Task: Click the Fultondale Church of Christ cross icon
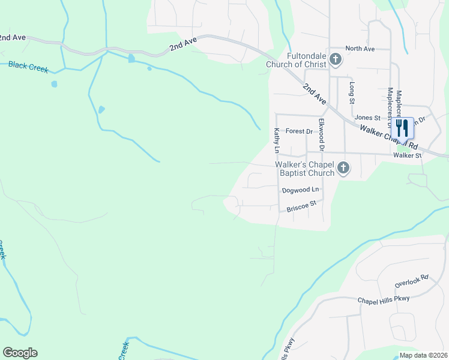pos(336,59)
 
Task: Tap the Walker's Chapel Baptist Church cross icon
pos(343,168)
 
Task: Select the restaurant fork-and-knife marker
pos(403,128)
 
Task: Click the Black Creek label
pos(28,67)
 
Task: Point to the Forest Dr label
pos(300,131)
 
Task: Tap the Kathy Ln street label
pos(277,140)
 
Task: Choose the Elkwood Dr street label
pos(322,134)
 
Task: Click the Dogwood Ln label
pos(300,190)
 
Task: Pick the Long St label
pos(352,91)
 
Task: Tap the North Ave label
pos(360,49)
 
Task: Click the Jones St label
pos(368,118)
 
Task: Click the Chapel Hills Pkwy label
pos(383,299)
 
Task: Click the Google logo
pos(20,353)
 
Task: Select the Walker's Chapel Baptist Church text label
pos(304,168)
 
